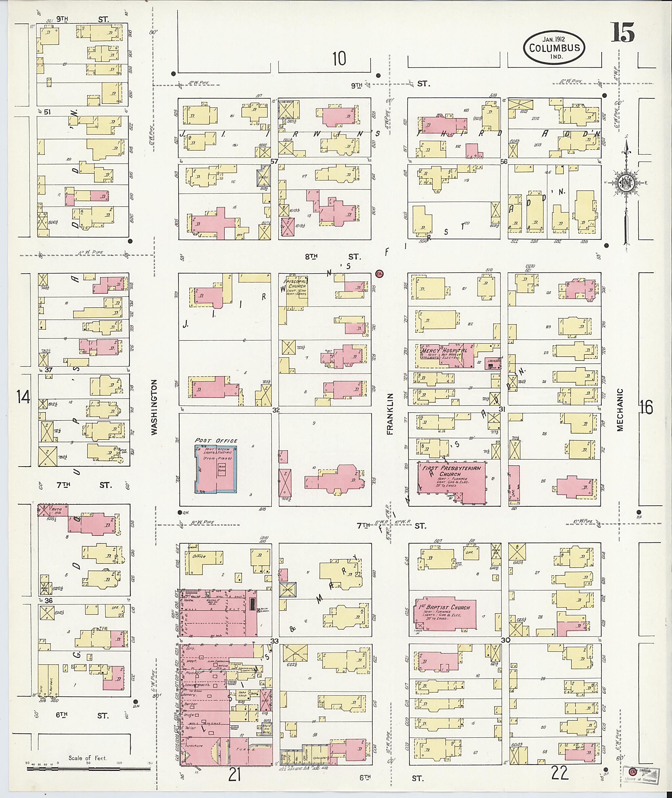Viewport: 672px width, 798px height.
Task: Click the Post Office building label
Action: tap(216, 441)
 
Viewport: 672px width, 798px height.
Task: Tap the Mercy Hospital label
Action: tap(444, 350)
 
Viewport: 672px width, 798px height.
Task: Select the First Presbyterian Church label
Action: tap(451, 471)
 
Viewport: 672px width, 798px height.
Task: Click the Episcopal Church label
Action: tap(297, 284)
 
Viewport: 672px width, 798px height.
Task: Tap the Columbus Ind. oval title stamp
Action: tap(554, 48)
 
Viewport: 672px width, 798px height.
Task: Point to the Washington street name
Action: tap(154, 407)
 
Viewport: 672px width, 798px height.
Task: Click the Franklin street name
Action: tap(390, 414)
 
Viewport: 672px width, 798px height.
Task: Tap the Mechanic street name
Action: tap(620, 410)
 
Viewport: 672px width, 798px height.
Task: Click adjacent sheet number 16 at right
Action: tap(646, 407)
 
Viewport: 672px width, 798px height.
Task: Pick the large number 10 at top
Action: tap(339, 59)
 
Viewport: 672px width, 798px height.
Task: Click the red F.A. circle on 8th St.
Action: tap(379, 274)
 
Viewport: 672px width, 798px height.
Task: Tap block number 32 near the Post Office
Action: tap(276, 410)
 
